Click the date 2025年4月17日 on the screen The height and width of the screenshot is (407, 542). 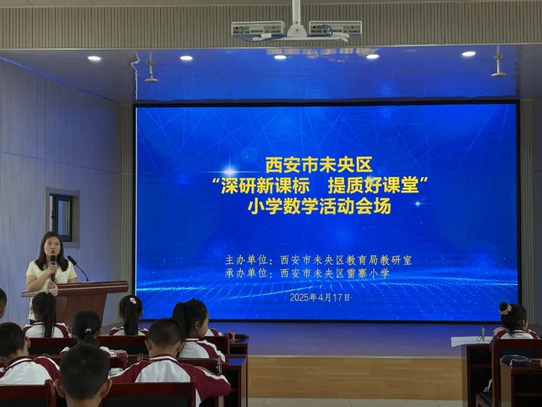click(x=320, y=297)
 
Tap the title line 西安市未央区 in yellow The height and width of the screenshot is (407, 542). click(x=318, y=165)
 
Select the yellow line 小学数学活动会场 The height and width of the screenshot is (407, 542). click(x=319, y=206)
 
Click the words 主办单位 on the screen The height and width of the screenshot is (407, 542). click(x=246, y=260)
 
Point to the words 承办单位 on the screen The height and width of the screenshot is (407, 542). click(x=246, y=273)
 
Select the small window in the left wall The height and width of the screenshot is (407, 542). click(x=62, y=217)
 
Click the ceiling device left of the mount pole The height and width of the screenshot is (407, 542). click(x=258, y=28)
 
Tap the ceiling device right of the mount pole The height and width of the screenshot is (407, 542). click(x=335, y=28)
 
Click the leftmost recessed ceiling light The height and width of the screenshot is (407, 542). click(x=94, y=58)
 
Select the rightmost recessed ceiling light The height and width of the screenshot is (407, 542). click(x=469, y=54)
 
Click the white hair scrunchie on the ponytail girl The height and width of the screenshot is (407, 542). click(x=132, y=300)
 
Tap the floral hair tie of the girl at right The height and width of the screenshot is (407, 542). click(x=506, y=310)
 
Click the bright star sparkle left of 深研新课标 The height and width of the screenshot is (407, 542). click(x=229, y=171)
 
